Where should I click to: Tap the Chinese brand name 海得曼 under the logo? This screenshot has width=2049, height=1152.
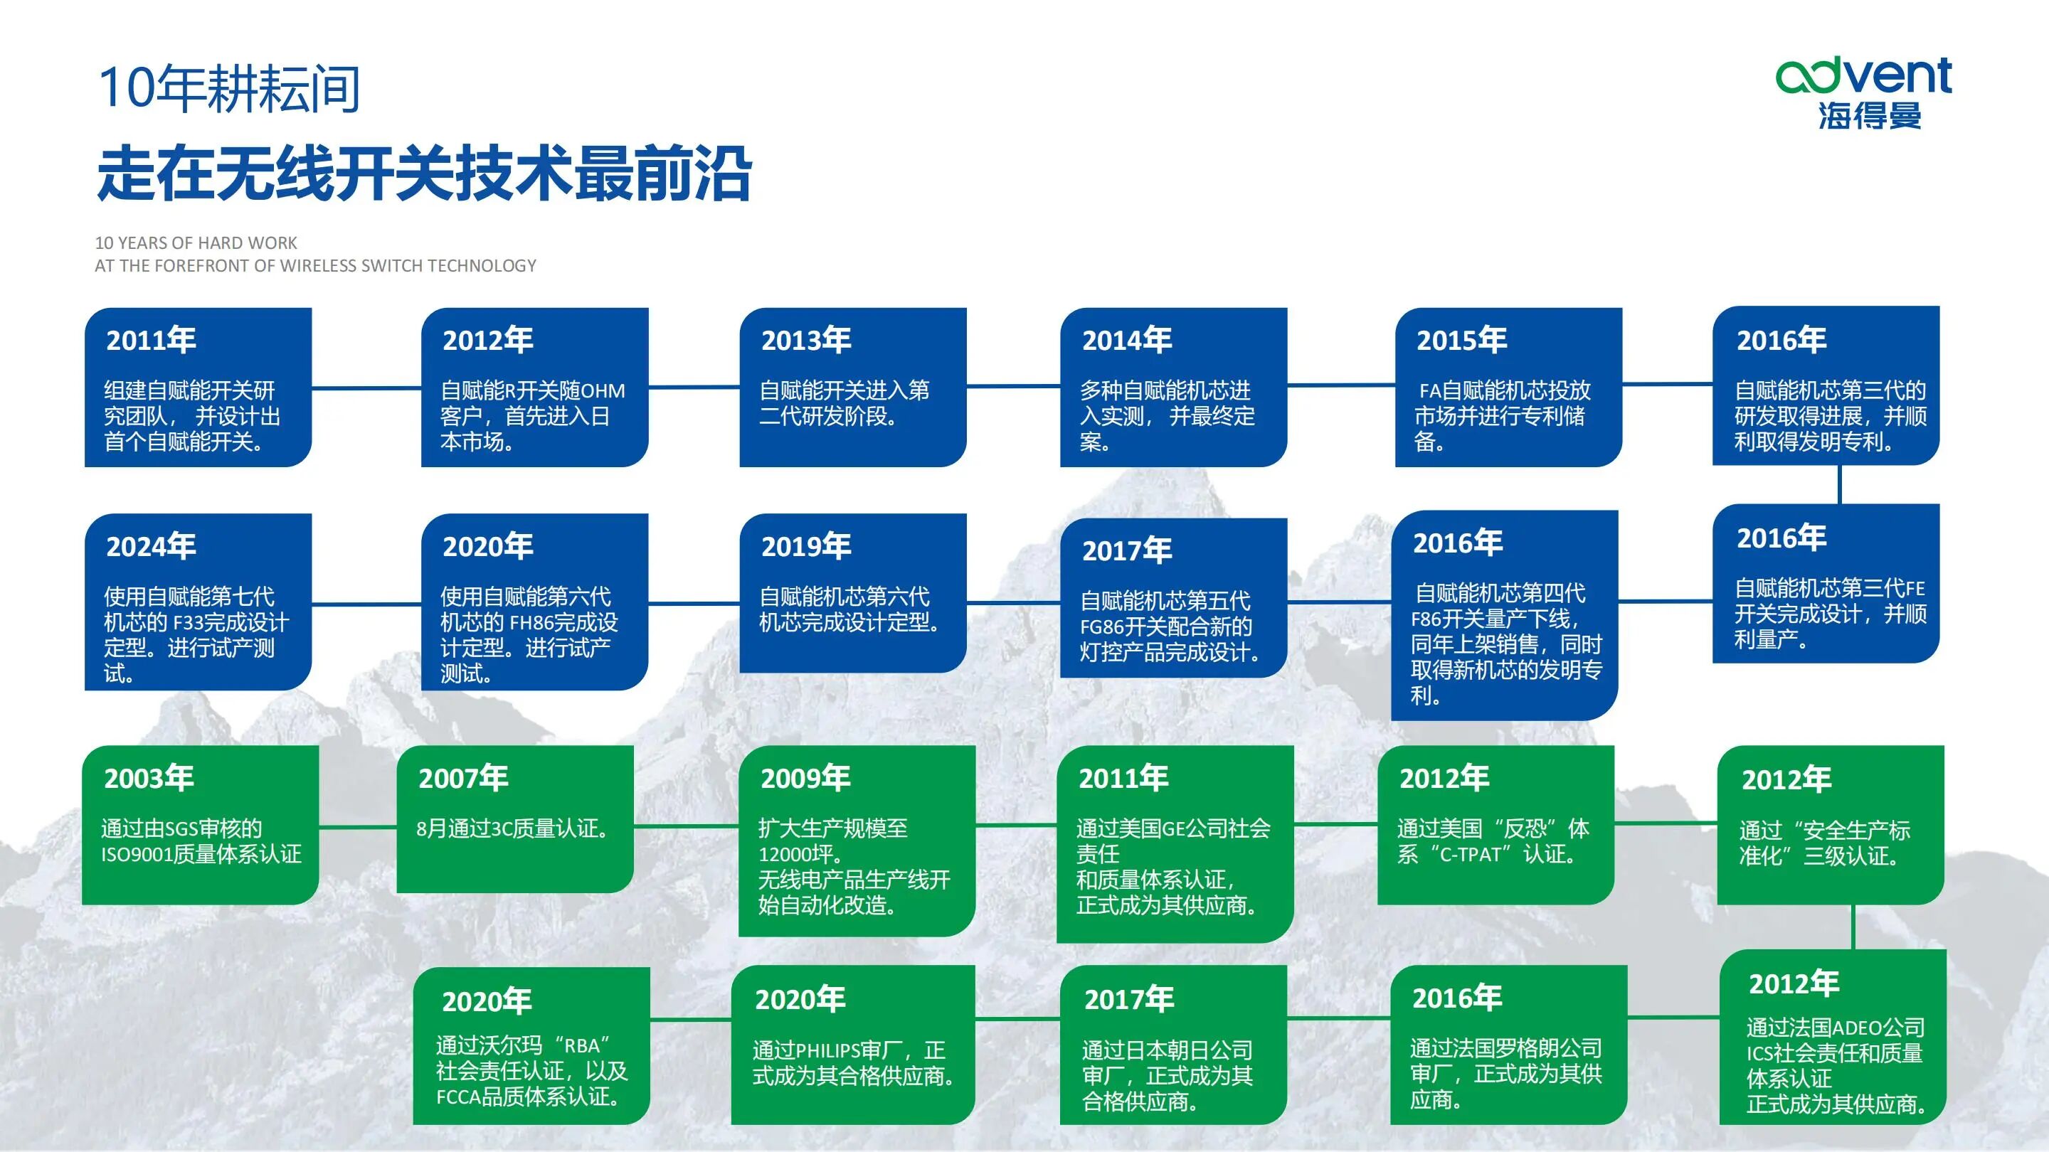1869,116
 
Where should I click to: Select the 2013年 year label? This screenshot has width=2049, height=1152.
806,341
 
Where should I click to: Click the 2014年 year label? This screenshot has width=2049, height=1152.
1126,341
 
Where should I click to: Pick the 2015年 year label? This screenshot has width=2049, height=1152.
1461,341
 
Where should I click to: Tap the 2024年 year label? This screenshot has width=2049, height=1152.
151,546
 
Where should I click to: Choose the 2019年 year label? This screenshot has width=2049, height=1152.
806,546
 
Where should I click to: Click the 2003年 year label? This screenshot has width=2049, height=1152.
149,777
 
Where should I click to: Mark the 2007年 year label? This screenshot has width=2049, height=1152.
463,777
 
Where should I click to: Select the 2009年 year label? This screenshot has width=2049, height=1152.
805,777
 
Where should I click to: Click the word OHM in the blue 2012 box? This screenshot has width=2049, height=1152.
603,391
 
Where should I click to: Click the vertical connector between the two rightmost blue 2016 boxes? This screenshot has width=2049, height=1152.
1839,484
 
